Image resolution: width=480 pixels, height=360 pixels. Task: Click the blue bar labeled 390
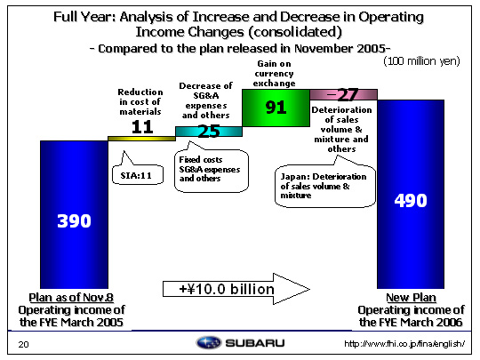click(74, 214)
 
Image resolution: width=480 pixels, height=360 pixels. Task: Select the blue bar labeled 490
click(411, 194)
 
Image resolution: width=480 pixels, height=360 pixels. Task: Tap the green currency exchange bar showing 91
click(276, 108)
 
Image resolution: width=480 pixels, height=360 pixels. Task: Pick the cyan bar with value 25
click(209, 132)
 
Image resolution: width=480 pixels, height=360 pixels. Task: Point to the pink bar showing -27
click(343, 94)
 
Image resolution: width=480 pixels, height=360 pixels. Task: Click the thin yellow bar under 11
click(141, 139)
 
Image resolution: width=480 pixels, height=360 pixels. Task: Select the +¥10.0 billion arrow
click(236, 289)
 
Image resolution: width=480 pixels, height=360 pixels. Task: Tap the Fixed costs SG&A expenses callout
click(212, 170)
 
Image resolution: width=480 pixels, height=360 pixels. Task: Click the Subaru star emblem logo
click(209, 342)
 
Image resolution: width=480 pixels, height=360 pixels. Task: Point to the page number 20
click(23, 344)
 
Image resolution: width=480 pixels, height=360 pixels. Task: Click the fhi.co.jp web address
click(404, 344)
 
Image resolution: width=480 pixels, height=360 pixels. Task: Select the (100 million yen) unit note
click(421, 61)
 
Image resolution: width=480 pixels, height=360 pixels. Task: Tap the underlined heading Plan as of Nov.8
click(71, 297)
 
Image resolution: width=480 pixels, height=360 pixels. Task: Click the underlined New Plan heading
click(411, 297)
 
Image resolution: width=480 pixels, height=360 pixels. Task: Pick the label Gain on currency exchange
click(275, 74)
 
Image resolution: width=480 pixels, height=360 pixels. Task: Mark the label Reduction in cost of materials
click(140, 101)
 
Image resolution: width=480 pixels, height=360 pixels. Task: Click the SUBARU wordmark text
click(255, 343)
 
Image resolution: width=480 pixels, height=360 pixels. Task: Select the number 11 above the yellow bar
click(142, 127)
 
